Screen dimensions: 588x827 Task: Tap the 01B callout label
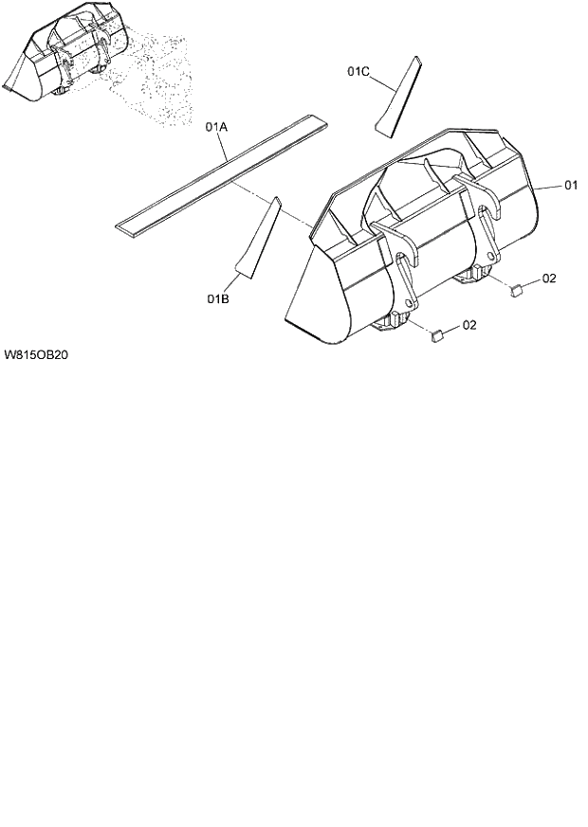pos(218,299)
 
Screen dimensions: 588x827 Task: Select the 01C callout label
pos(358,71)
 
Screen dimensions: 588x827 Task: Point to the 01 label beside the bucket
pos(571,186)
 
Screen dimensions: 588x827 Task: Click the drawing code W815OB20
pos(39,355)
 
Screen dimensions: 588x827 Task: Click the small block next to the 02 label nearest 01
pos(517,291)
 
